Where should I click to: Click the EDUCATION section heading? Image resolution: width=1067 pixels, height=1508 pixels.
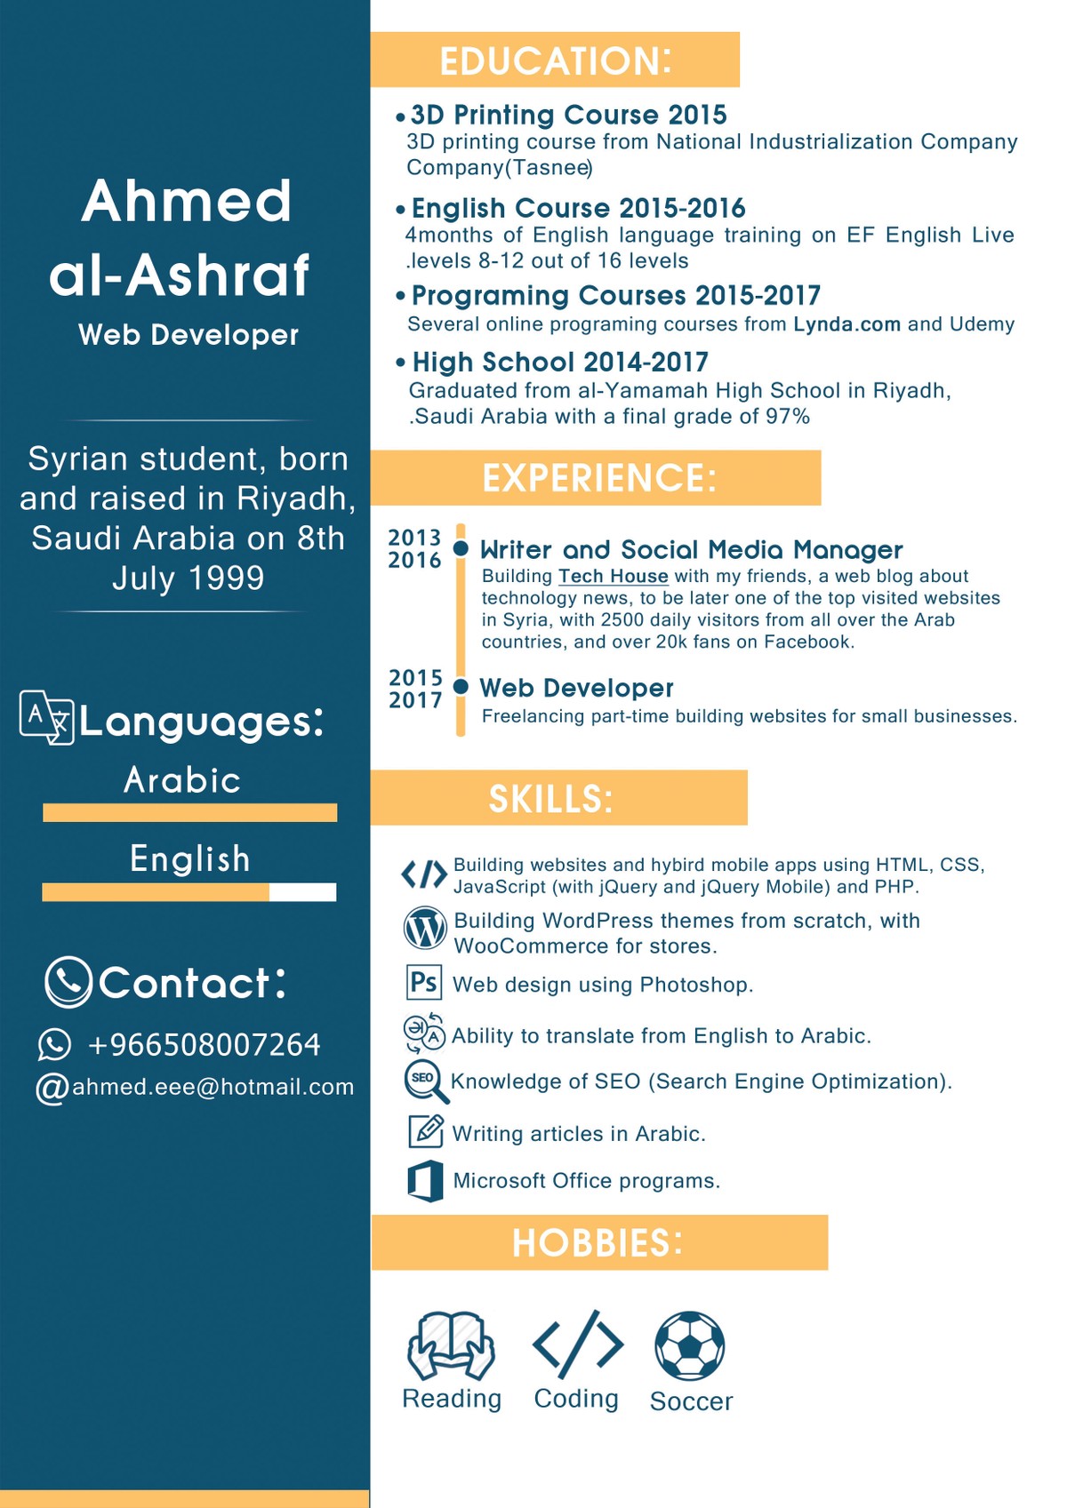click(555, 60)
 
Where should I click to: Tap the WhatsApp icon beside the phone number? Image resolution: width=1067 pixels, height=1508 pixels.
click(54, 1044)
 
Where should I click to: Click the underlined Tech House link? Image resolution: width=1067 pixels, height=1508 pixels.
click(613, 576)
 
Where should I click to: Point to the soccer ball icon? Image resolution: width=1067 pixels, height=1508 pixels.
click(689, 1345)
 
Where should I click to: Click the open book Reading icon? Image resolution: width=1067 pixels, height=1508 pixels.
click(451, 1344)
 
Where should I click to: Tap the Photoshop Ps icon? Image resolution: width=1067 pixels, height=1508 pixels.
click(423, 983)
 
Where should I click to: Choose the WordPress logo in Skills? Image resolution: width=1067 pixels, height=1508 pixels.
click(425, 929)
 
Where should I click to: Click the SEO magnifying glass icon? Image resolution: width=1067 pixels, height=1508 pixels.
click(424, 1080)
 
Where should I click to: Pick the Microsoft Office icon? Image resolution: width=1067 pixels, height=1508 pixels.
click(425, 1181)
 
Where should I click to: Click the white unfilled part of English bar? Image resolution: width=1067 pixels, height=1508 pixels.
click(302, 891)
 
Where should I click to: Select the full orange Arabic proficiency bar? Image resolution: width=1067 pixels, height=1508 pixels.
click(189, 812)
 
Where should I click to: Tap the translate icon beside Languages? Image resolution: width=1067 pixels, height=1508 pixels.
click(46, 716)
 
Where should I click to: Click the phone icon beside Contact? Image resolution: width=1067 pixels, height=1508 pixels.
click(68, 982)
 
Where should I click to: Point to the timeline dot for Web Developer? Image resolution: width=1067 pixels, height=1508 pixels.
click(461, 687)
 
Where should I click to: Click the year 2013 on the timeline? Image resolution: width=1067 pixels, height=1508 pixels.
click(414, 538)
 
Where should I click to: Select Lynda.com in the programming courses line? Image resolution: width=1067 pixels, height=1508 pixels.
click(846, 324)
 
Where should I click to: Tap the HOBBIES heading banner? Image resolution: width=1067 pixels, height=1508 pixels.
click(598, 1241)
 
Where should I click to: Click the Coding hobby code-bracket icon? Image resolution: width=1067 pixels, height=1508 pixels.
click(577, 1344)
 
